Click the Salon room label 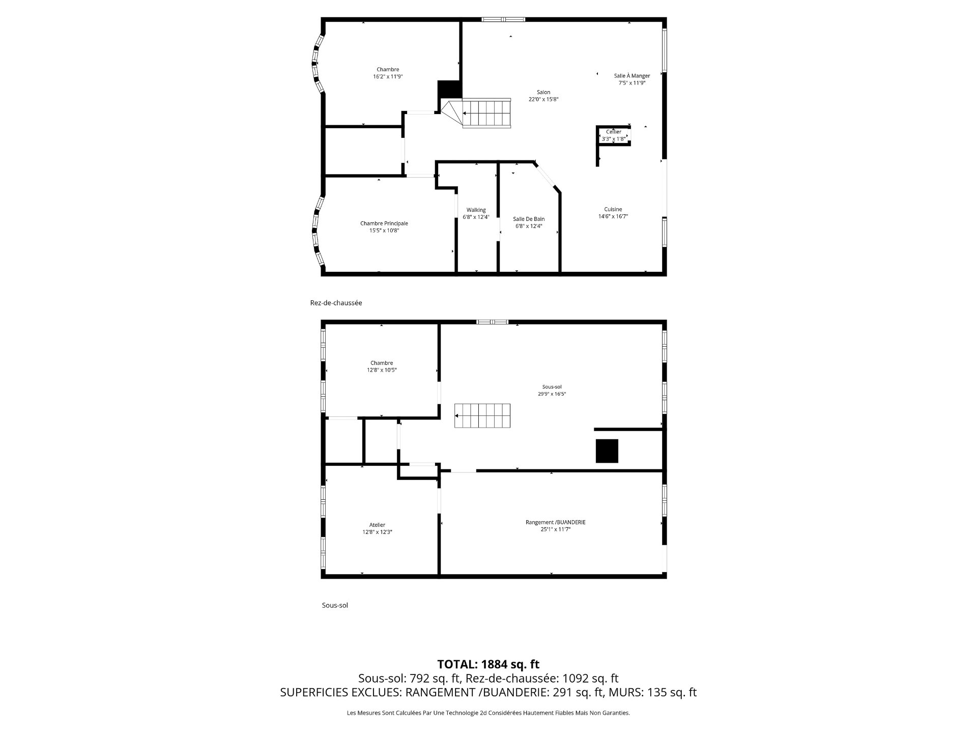(x=543, y=92)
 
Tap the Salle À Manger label (x=631, y=76)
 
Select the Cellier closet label (x=614, y=132)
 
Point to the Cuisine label (x=613, y=209)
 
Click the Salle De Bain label (x=529, y=219)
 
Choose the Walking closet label (x=476, y=210)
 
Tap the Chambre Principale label (x=384, y=223)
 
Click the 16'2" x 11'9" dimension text (x=388, y=77)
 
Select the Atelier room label (x=377, y=525)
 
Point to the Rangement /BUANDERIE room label (x=555, y=522)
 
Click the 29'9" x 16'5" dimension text (x=552, y=394)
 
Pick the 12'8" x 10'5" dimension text (x=382, y=370)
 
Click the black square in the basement (x=607, y=451)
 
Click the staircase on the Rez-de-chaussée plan (x=485, y=113)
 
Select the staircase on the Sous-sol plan (x=482, y=416)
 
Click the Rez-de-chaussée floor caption (x=336, y=303)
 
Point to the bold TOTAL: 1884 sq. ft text (x=488, y=664)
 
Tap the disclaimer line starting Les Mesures (x=488, y=713)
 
